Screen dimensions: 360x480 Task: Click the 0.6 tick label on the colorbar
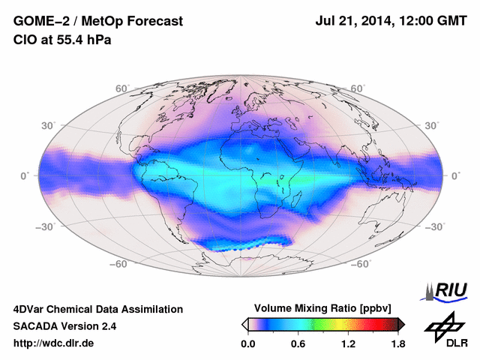[298, 343]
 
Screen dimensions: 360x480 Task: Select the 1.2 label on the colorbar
[347, 343]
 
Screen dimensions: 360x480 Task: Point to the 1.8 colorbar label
[397, 343]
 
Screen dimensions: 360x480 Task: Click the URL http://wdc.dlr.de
[54, 343]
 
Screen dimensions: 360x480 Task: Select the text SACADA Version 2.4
[64, 326]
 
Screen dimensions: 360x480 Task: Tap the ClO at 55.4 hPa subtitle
[61, 40]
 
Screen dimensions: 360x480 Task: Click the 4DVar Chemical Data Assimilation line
[97, 309]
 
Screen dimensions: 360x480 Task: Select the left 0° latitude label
[24, 175]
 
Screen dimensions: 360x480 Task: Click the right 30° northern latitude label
[431, 125]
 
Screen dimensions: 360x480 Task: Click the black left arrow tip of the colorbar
[244, 324]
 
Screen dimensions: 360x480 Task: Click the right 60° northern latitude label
[358, 88]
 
